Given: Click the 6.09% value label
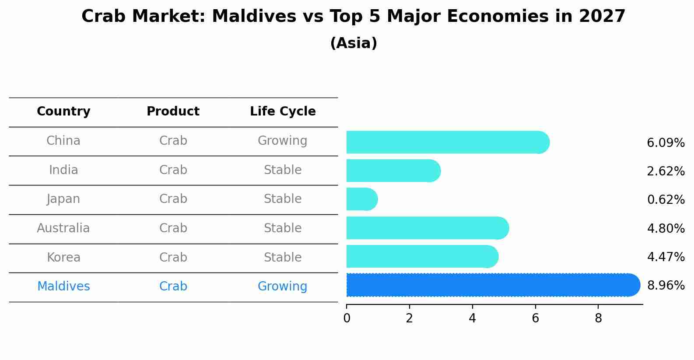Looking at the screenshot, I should coord(666,143).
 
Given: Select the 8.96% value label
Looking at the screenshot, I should coord(666,286).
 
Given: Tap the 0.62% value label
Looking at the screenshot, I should coord(666,200).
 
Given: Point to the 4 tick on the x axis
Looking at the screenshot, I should coord(472,318).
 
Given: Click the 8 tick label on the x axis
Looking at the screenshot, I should coord(598,318).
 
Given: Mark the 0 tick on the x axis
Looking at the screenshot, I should coord(347,318).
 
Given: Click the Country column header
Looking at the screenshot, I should coord(63,112).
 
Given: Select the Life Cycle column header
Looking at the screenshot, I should coord(283,112).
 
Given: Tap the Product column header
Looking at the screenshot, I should coord(173,112).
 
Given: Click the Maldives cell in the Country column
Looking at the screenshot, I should coord(63,287).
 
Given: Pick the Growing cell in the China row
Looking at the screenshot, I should coord(282,141).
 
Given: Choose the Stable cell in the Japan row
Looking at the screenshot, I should coord(282,199).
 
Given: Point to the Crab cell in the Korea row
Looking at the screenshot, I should coord(173,257).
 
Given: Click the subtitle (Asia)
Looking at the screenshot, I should coord(354,43).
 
